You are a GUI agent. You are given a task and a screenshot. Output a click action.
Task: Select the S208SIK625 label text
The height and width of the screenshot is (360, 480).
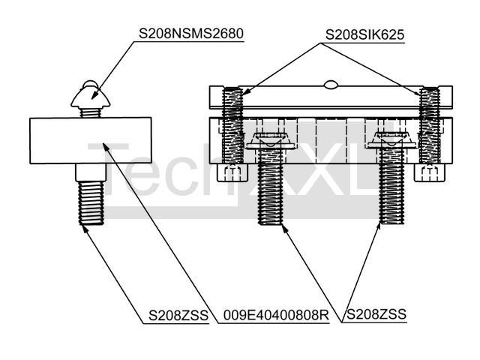tap(363, 34)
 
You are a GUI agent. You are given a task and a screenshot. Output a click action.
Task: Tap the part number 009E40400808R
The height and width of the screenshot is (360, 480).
tap(276, 316)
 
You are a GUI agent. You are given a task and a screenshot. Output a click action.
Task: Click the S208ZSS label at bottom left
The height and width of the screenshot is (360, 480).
tap(177, 316)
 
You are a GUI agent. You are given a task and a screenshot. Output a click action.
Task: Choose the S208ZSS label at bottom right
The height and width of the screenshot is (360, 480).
tap(374, 316)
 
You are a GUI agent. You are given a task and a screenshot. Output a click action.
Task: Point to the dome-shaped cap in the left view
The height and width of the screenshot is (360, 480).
tap(91, 94)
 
